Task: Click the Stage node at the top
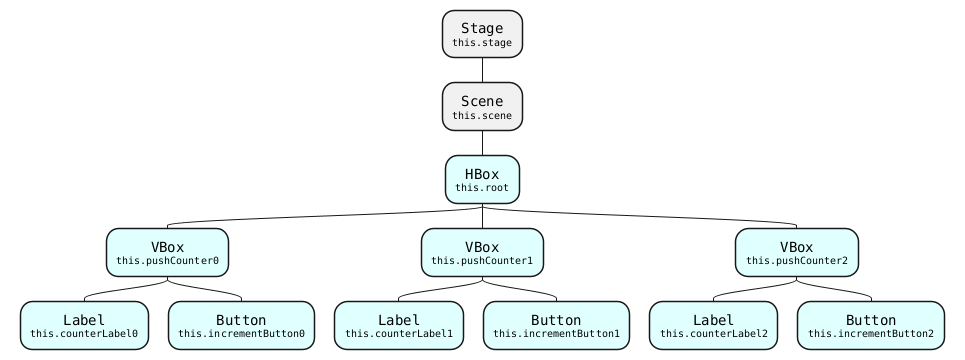[482, 34]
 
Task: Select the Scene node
[482, 107]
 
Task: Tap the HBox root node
[482, 180]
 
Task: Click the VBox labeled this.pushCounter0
[167, 252]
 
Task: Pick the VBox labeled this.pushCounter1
[482, 252]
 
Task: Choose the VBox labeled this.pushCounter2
[796, 252]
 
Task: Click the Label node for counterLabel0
[84, 325]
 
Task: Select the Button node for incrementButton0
[241, 325]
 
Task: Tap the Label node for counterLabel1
[399, 325]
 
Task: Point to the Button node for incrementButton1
[556, 325]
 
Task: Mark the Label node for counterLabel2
[713, 325]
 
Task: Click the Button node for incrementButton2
[870, 325]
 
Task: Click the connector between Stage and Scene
[482, 70]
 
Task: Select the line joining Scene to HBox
[482, 143]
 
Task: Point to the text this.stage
[482, 43]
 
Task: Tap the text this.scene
[482, 116]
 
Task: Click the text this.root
[482, 188]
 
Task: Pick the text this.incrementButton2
[870, 333]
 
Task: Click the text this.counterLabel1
[399, 333]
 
